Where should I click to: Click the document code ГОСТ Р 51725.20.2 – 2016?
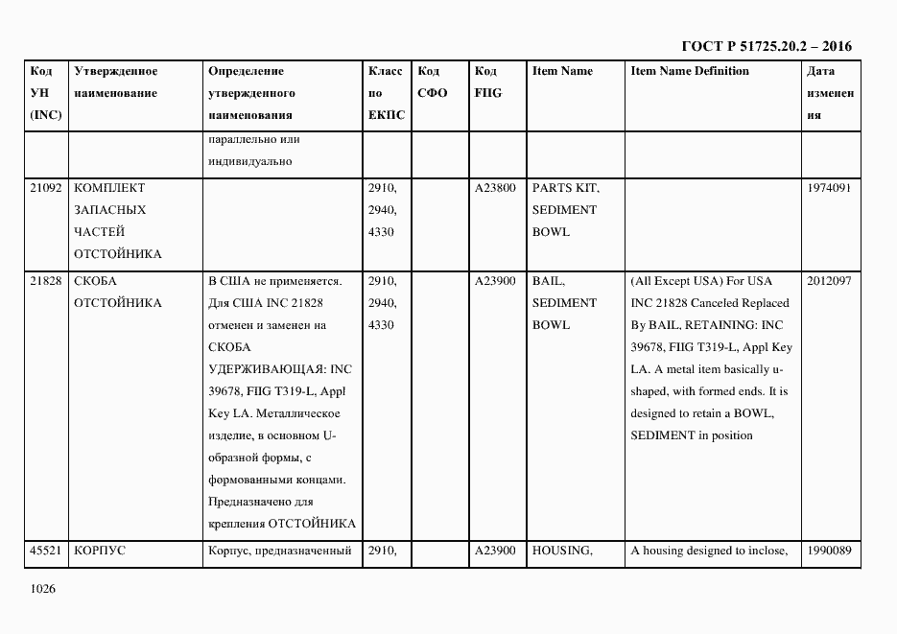[x=766, y=46]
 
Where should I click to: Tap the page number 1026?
[x=44, y=589]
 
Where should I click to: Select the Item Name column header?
[x=562, y=71]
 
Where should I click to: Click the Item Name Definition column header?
[x=690, y=71]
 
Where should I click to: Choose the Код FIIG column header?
[x=487, y=82]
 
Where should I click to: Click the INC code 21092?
[x=46, y=188]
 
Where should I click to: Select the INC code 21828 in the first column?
[x=46, y=281]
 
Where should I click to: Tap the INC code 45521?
[x=46, y=551]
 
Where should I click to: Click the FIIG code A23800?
[x=495, y=188]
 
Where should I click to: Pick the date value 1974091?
[x=829, y=188]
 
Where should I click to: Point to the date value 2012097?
[x=829, y=281]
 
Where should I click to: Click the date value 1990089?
[x=829, y=551]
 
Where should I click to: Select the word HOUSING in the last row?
[x=562, y=551]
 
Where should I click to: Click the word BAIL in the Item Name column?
[x=549, y=281]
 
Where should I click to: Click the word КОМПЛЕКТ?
[x=109, y=188]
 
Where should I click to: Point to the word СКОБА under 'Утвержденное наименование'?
[x=95, y=281]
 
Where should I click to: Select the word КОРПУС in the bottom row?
[x=100, y=551]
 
